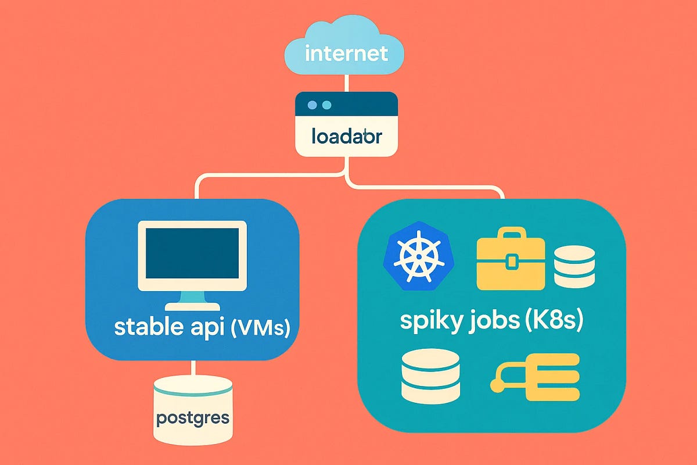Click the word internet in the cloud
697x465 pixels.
click(x=346, y=53)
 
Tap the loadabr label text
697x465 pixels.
click(x=346, y=138)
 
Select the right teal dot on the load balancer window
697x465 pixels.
click(x=326, y=105)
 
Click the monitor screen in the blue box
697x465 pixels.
click(x=192, y=254)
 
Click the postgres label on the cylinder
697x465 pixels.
click(x=193, y=417)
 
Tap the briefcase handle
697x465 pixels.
click(x=510, y=234)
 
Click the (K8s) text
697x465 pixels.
click(x=555, y=321)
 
